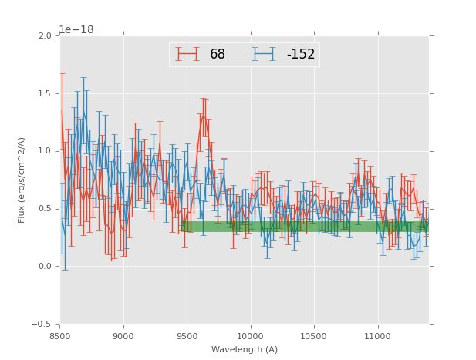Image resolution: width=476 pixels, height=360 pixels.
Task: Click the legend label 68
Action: (218, 55)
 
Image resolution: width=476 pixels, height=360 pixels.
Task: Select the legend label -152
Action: (301, 55)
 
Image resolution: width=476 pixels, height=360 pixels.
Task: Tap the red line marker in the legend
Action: (187, 54)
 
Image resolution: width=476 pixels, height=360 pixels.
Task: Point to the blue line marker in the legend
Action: (264, 54)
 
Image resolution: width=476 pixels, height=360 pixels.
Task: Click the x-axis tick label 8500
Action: (60, 336)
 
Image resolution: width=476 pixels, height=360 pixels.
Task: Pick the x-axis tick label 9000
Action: (123, 336)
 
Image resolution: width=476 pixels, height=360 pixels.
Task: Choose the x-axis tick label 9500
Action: (187, 336)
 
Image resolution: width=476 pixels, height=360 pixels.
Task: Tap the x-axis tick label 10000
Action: (250, 336)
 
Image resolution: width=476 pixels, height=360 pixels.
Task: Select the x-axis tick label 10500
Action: (314, 336)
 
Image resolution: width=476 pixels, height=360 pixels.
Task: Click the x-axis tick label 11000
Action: (377, 336)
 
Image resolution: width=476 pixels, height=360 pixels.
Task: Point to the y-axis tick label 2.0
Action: (44, 35)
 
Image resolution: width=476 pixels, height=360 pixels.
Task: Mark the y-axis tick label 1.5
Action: (44, 93)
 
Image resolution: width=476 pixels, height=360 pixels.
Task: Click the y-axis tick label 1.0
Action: (44, 151)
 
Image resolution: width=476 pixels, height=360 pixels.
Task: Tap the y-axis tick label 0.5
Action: (44, 209)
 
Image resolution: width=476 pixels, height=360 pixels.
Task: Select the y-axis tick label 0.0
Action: (44, 267)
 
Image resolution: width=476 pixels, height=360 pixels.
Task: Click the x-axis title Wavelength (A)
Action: (245, 349)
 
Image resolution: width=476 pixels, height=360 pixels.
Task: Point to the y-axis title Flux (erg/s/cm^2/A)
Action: (22, 180)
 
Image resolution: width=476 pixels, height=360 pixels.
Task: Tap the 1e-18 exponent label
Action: (76, 29)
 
